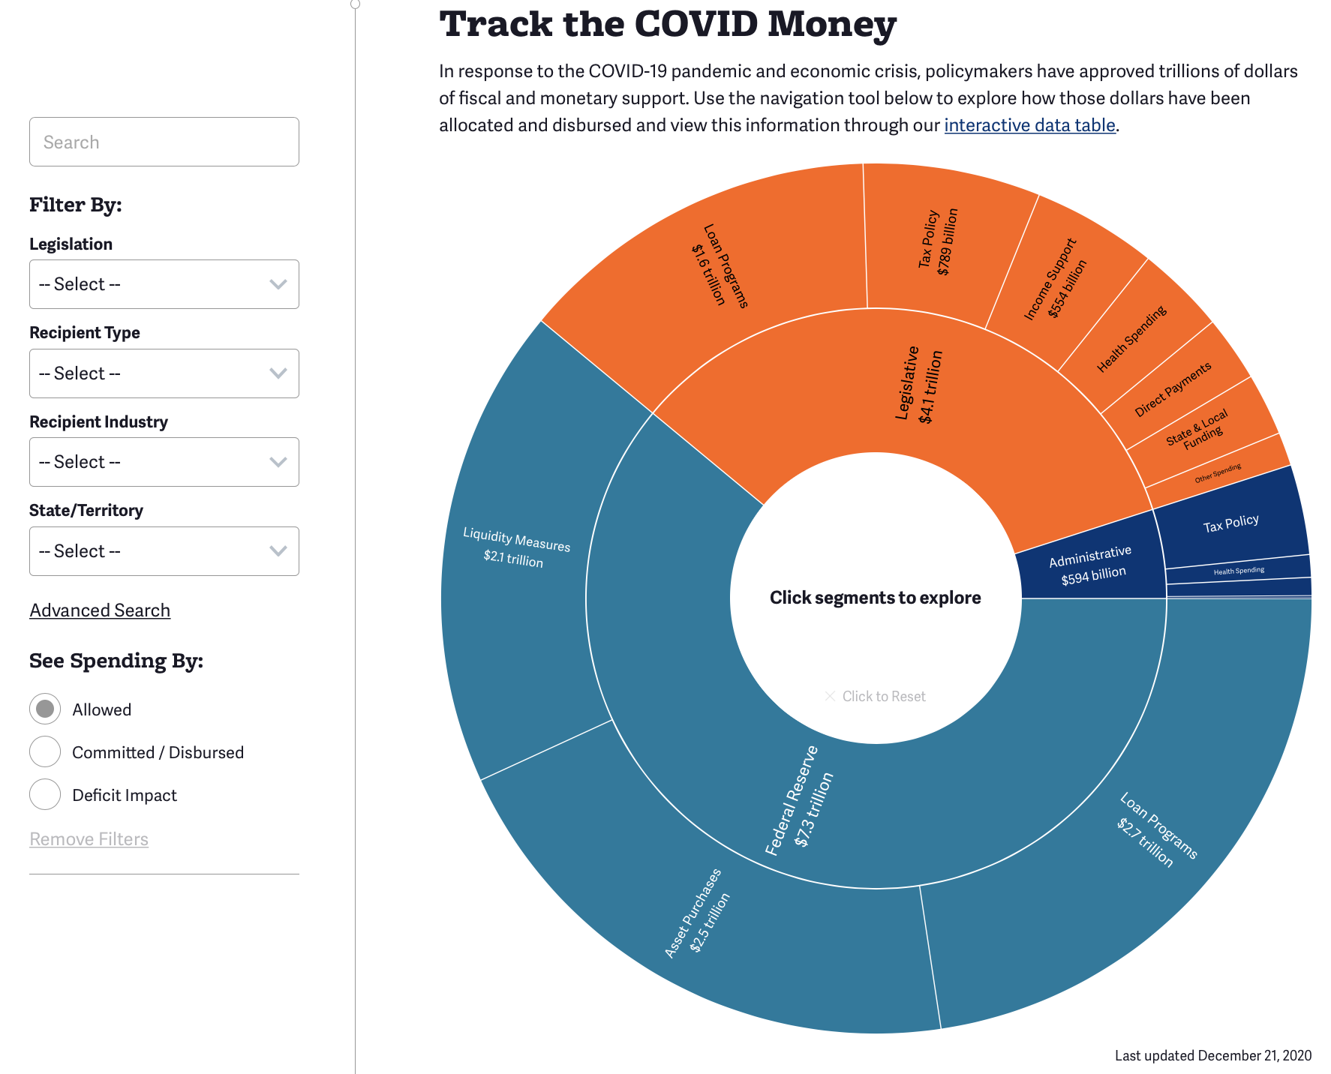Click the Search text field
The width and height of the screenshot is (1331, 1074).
[x=164, y=142]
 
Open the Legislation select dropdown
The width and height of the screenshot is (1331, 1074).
[x=164, y=284]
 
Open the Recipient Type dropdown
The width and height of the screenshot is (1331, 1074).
[x=164, y=373]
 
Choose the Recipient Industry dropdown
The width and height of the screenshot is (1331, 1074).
[x=164, y=462]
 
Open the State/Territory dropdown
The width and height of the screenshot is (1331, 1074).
[x=164, y=551]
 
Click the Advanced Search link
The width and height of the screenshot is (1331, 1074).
[x=100, y=610]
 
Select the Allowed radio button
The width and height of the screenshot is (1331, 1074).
[x=45, y=709]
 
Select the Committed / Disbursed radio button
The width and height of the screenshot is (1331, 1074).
[x=45, y=751]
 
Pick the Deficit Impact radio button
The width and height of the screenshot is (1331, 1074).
[x=45, y=794]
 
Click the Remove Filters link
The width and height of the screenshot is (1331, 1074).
[x=89, y=839]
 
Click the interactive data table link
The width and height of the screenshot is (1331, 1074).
[x=1029, y=125]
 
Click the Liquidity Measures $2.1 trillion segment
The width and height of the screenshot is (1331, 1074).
[x=517, y=547]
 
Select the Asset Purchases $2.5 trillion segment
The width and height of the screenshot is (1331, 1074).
[x=698, y=913]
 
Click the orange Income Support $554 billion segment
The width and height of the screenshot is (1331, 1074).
[x=1056, y=278]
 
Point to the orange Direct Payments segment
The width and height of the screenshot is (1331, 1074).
[x=1173, y=389]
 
